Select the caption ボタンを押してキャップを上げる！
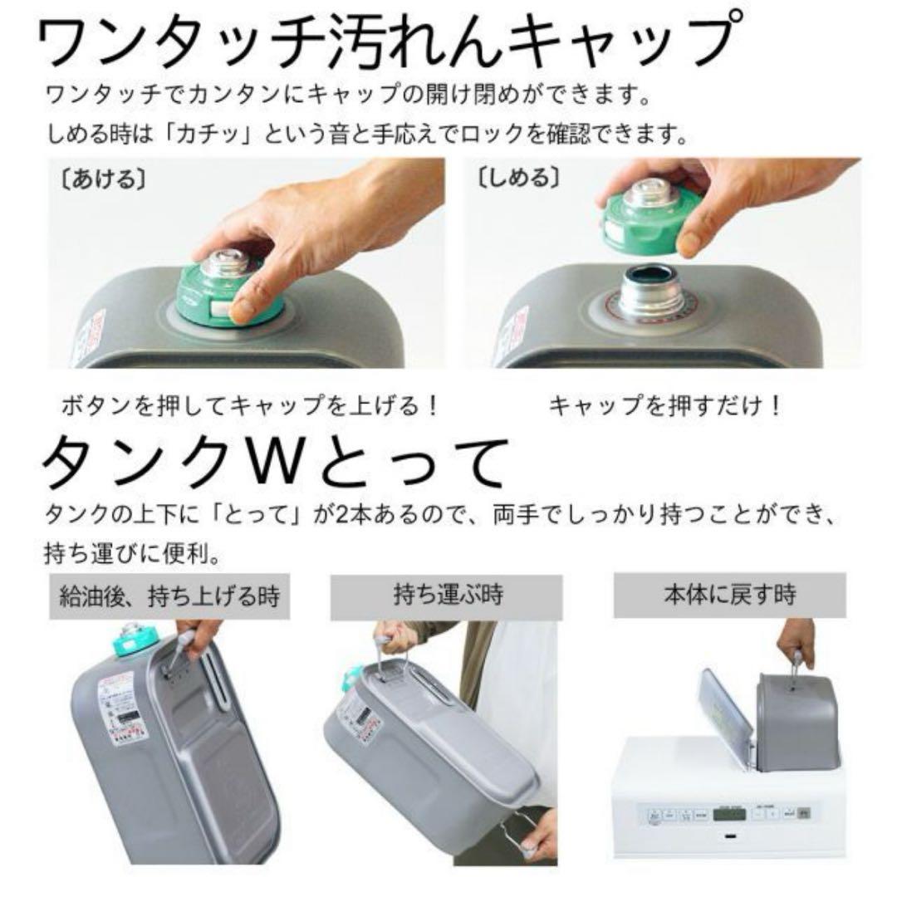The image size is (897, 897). coord(249,407)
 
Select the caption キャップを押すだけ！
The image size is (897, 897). coord(664,407)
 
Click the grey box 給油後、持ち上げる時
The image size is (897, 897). coord(169,596)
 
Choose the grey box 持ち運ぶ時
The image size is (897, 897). coord(448,596)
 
